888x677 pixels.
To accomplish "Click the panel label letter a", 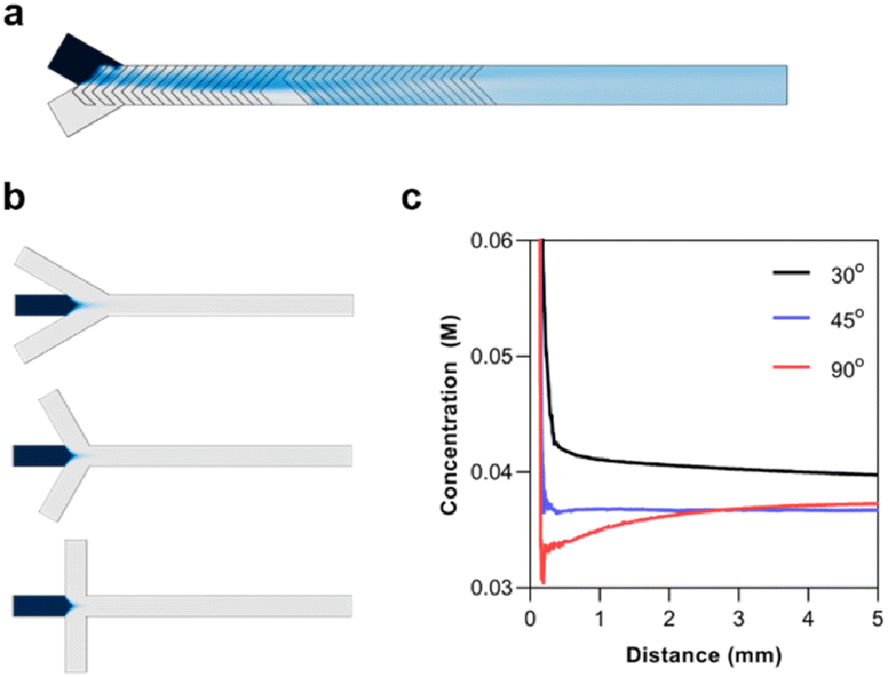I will coord(13,17).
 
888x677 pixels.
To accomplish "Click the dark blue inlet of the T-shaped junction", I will coord(42,605).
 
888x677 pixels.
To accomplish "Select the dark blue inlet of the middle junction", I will coord(42,456).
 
